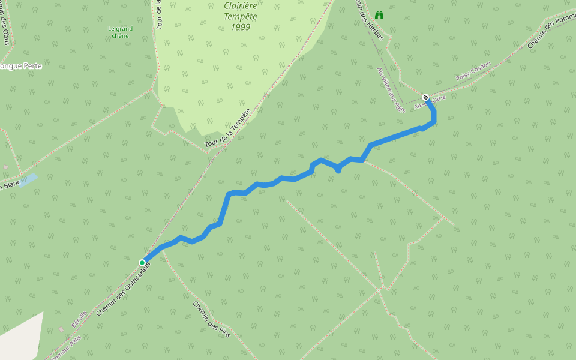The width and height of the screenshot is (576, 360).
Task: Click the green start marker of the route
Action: (x=142, y=262)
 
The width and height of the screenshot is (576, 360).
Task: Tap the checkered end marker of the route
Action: (x=425, y=97)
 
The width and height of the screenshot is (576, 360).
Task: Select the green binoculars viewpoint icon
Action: (x=379, y=15)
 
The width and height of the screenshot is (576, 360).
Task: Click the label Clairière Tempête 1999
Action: (x=240, y=16)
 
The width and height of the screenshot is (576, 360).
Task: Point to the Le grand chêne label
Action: (x=120, y=31)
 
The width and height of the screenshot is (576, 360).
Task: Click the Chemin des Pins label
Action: (x=211, y=319)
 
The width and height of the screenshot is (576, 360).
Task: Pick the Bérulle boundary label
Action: (x=79, y=318)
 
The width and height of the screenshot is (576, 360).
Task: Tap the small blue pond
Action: (x=28, y=180)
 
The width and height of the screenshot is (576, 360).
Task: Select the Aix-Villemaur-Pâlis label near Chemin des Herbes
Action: (x=391, y=90)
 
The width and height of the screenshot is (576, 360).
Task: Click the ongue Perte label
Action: (x=21, y=66)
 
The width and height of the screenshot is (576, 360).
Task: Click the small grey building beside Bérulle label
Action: (x=61, y=329)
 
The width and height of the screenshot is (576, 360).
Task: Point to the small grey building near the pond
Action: (x=5, y=167)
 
